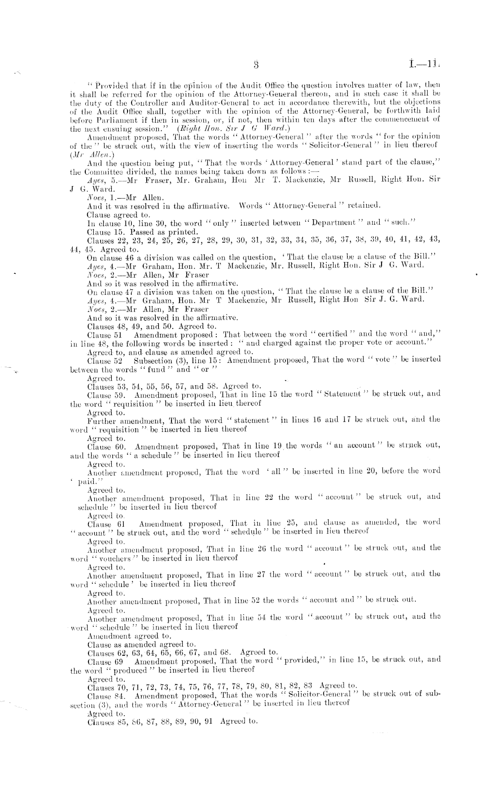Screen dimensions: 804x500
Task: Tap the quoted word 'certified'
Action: [x=329, y=335]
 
